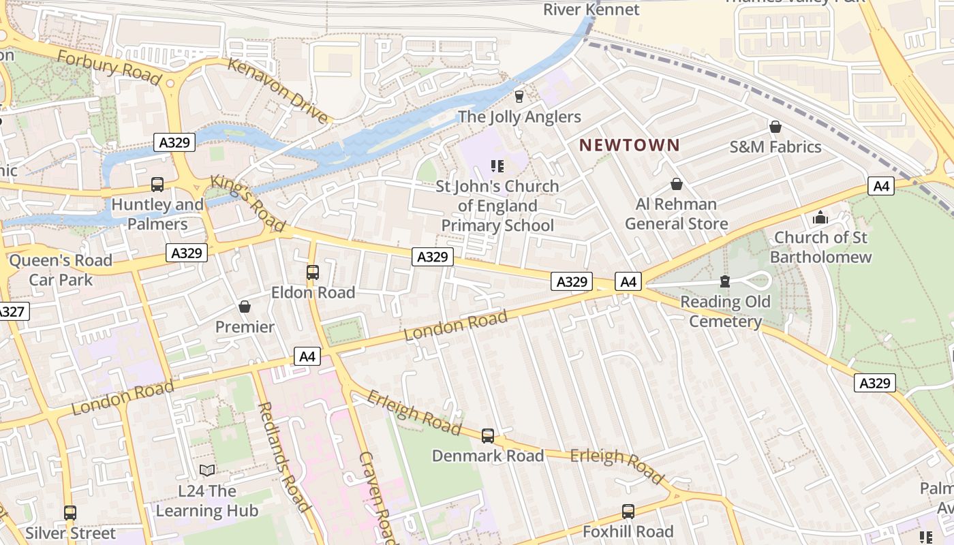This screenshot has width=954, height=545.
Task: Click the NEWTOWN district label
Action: point(629,144)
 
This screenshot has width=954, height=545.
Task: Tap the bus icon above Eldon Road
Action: point(313,272)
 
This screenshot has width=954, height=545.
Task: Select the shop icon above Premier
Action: point(245,307)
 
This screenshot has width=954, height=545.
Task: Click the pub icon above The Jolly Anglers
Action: point(519,97)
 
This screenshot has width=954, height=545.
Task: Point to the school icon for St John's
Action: point(497,166)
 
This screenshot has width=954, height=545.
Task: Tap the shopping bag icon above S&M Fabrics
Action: point(775,127)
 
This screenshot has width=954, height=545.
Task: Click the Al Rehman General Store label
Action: point(676,214)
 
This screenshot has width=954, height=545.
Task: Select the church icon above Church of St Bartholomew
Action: point(820,217)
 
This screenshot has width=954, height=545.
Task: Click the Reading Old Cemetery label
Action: point(725,311)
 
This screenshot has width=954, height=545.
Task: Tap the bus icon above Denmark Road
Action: point(488,436)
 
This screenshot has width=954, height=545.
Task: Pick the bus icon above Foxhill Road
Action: point(628,511)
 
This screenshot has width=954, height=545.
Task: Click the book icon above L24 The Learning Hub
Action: point(207,471)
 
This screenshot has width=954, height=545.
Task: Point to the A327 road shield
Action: point(12,312)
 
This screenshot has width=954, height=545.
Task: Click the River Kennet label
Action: point(591,10)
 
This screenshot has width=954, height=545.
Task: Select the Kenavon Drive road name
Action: point(277,91)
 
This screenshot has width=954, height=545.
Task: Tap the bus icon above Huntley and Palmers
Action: point(157,184)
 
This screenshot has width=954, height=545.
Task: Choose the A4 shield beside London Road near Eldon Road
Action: point(307,356)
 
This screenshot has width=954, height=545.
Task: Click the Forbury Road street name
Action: point(109,68)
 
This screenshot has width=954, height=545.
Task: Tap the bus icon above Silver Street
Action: point(70,512)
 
